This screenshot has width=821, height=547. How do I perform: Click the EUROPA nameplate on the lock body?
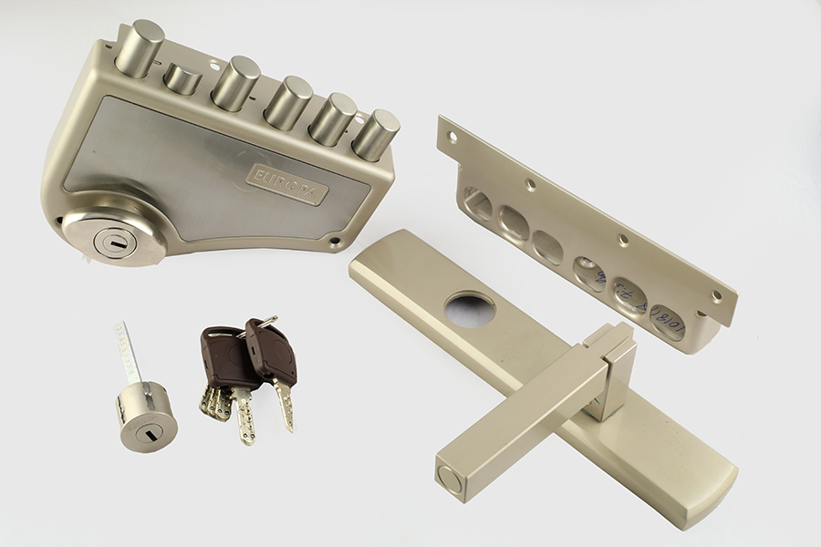click(x=286, y=183)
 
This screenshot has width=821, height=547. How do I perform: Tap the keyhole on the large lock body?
click(x=115, y=243)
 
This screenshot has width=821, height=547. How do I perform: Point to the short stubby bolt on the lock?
click(x=182, y=79)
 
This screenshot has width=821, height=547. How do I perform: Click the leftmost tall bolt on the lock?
click(x=140, y=47)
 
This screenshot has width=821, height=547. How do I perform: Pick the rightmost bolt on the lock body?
click(x=376, y=134)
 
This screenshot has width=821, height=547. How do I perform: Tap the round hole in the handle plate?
click(x=470, y=310)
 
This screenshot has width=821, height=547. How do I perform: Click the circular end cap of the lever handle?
click(x=452, y=479)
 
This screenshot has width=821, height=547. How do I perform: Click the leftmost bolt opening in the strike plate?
click(x=477, y=201)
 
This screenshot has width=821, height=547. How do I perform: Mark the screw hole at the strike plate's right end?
click(x=716, y=296)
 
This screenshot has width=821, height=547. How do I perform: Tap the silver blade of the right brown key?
click(x=285, y=403)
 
